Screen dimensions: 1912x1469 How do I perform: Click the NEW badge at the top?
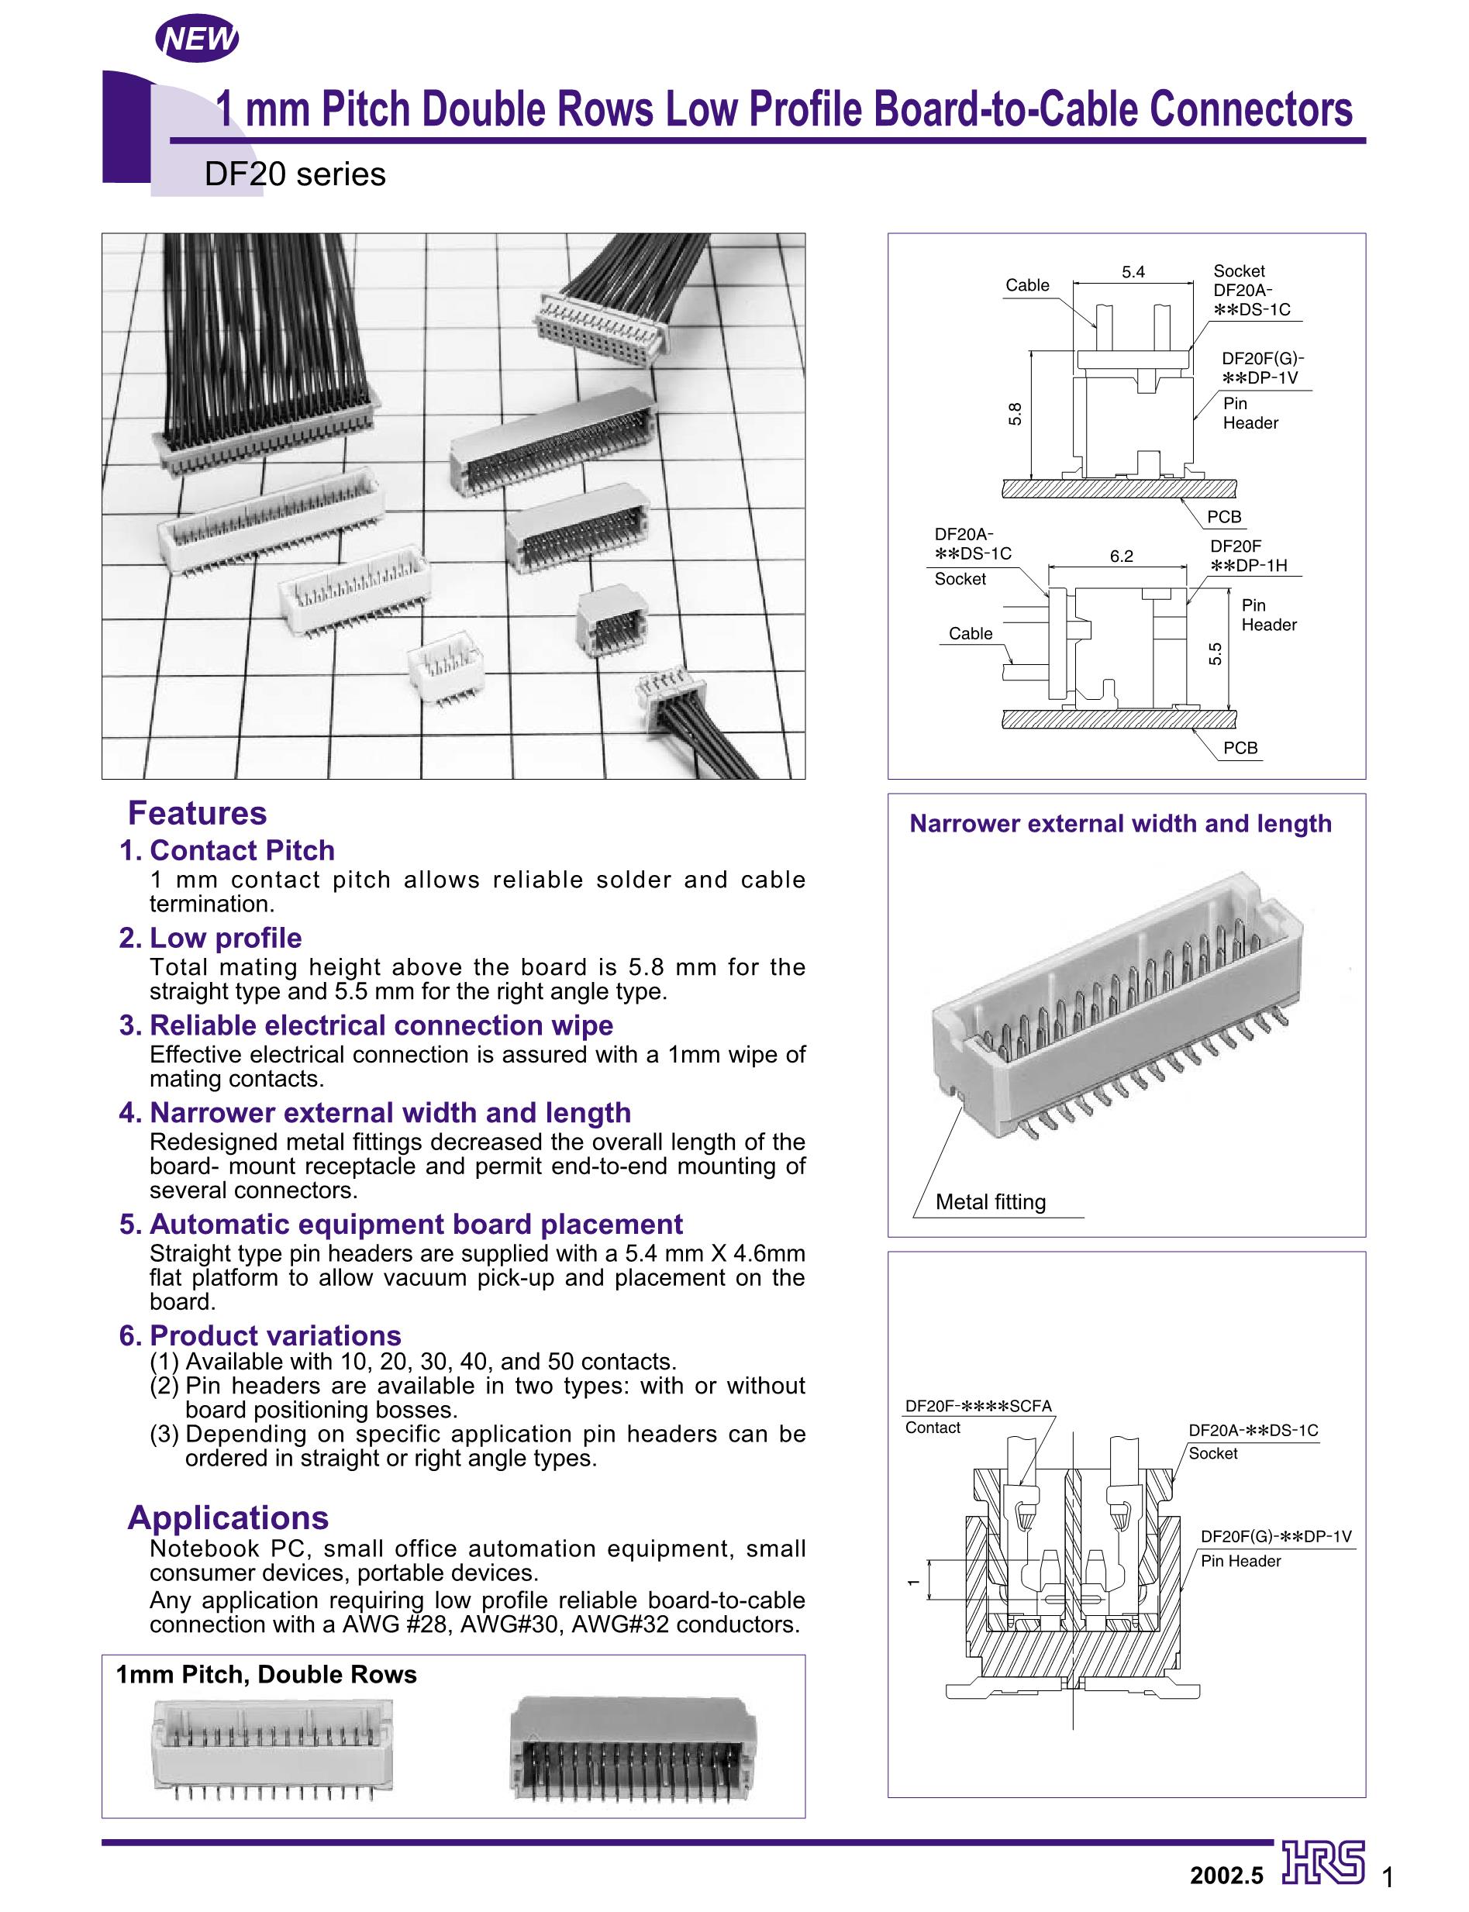196,40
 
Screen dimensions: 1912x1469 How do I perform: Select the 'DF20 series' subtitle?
295,175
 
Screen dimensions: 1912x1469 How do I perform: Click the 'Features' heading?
198,813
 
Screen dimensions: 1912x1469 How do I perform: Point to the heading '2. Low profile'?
211,938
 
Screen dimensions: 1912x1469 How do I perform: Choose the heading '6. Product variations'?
260,1336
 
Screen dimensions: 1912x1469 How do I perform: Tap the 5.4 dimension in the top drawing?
1133,272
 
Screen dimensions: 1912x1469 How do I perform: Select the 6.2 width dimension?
1121,556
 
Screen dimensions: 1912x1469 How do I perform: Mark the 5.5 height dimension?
1216,653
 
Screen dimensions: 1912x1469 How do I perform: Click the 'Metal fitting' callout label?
991,1202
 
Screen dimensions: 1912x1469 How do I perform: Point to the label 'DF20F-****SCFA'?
978,1407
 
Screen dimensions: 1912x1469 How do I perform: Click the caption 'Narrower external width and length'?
1120,824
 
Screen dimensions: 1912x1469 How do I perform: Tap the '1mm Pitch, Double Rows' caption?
267,1674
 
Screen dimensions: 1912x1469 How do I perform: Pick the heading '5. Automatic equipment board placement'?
402,1224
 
